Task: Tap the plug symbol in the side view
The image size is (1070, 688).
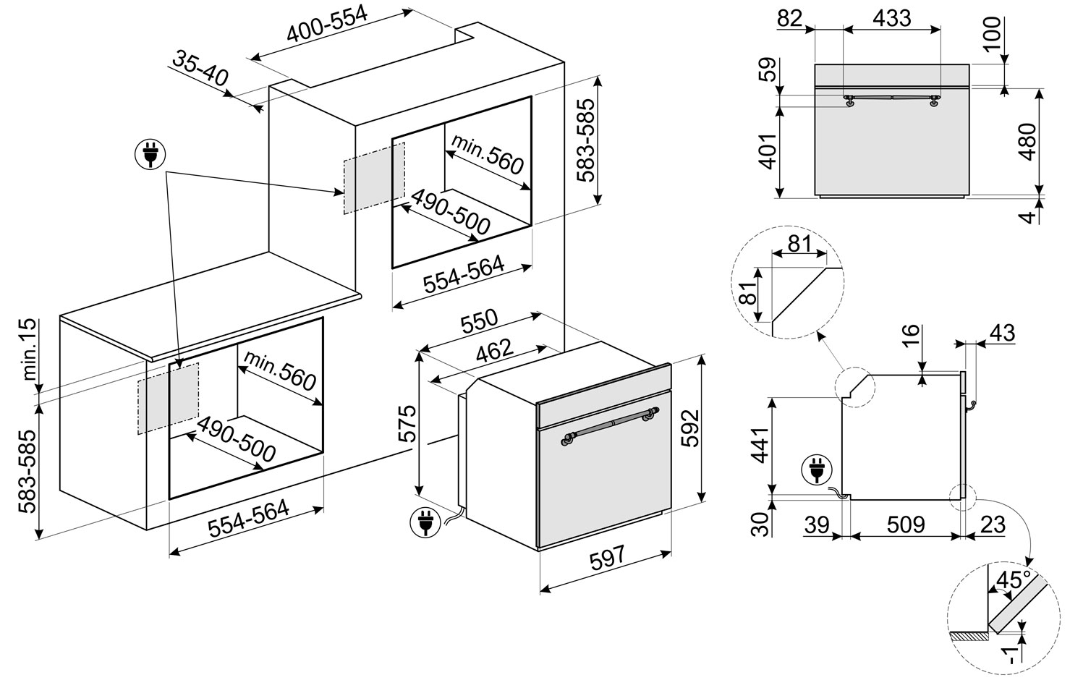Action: click(815, 470)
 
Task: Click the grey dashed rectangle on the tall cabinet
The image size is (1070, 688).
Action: click(373, 178)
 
